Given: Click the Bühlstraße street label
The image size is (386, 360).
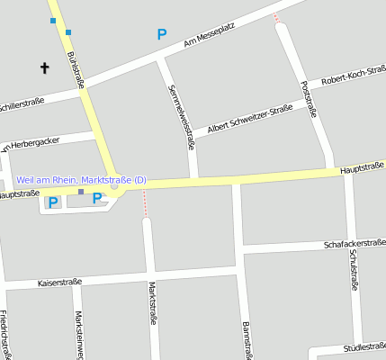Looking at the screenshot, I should tap(76, 69).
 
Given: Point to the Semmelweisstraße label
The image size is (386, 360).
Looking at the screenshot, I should tap(182, 111).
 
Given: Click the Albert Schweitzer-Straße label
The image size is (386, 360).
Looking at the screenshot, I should tap(250, 119).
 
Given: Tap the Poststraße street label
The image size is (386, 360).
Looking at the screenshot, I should tap(310, 99).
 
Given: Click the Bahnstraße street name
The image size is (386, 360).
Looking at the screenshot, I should tap(245, 340).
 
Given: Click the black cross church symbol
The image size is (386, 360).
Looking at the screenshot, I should tap(45, 67).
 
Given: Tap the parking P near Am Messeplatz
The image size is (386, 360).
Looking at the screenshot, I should tap(162, 34).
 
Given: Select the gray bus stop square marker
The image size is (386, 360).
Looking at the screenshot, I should tap(80, 192).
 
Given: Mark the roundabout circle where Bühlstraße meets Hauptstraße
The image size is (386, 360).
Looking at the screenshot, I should tap(114, 186).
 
